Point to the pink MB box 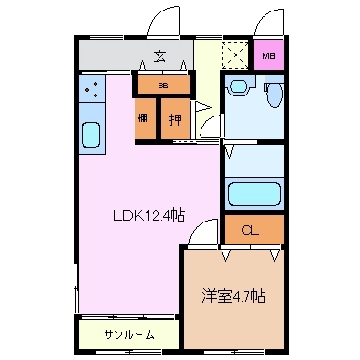[268, 54]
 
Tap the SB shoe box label [162, 86]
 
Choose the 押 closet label [175, 120]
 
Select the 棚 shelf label [143, 120]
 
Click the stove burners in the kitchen [92, 91]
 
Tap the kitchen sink [92, 134]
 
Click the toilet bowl [273, 95]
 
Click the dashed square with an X [233, 55]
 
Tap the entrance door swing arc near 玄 [162, 21]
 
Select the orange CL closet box [253, 229]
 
